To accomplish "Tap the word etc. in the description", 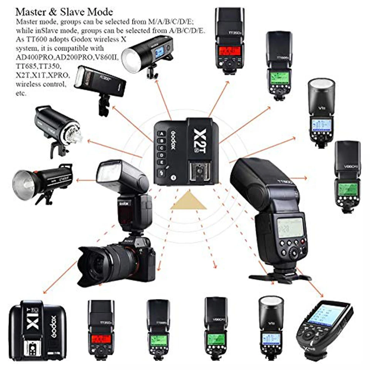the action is [21, 94].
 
